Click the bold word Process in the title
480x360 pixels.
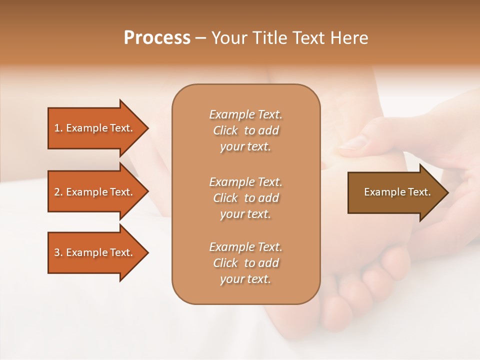pos(157,37)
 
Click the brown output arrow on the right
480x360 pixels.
pos(395,192)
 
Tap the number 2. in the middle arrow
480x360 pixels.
pos(58,192)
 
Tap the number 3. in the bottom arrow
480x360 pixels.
pos(58,252)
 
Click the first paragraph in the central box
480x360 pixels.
pos(245,130)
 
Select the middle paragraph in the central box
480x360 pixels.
pos(245,197)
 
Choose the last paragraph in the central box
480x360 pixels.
pos(245,263)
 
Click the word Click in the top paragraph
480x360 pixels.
pos(225,130)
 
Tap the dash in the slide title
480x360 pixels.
pos(201,38)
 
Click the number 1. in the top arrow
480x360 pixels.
pos(58,128)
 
